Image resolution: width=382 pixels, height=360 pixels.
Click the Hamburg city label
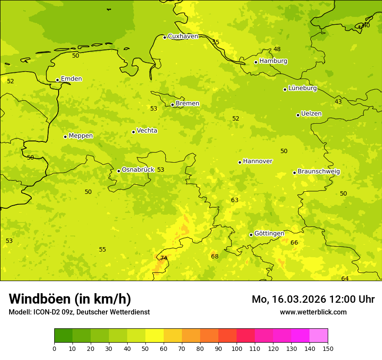tap(273, 61)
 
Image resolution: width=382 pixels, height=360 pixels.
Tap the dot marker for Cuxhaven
tap(165, 37)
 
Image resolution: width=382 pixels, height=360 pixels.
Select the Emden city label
tap(71, 79)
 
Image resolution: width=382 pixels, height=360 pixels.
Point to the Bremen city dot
tap(172, 105)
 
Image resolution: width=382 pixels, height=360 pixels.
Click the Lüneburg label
tap(302, 88)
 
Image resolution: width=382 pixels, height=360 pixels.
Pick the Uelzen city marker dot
tap(298, 115)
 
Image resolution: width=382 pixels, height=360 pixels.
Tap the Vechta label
tap(147, 131)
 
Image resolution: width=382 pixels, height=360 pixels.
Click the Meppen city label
tap(81, 136)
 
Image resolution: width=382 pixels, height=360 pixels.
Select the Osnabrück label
tap(138, 170)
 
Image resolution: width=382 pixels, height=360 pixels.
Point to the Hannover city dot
tap(240, 162)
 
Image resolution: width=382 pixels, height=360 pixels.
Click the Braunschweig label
tap(319, 172)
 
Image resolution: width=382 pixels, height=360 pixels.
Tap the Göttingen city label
tap(269, 234)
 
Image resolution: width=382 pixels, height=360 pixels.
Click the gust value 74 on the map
tap(164, 258)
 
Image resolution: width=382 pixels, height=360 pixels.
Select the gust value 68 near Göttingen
tap(215, 257)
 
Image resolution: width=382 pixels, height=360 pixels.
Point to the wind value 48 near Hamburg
tap(277, 49)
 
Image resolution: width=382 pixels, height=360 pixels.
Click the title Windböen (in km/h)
tap(70, 299)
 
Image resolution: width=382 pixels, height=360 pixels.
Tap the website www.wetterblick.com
tap(313, 312)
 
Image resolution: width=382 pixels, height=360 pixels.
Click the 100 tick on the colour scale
tap(237, 348)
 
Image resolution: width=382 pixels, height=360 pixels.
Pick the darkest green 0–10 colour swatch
tap(63, 335)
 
